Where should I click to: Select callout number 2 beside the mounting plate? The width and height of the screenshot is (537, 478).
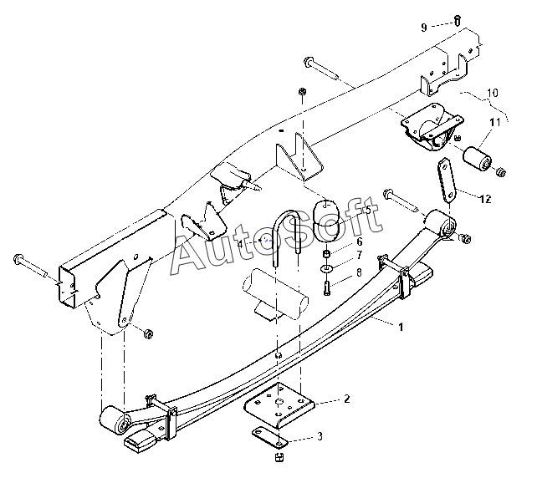[345, 401]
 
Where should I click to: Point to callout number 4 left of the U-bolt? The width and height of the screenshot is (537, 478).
[242, 243]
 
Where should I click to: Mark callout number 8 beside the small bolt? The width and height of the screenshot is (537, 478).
[359, 272]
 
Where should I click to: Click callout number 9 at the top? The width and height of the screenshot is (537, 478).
[424, 27]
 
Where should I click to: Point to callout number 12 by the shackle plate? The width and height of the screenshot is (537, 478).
[486, 198]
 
